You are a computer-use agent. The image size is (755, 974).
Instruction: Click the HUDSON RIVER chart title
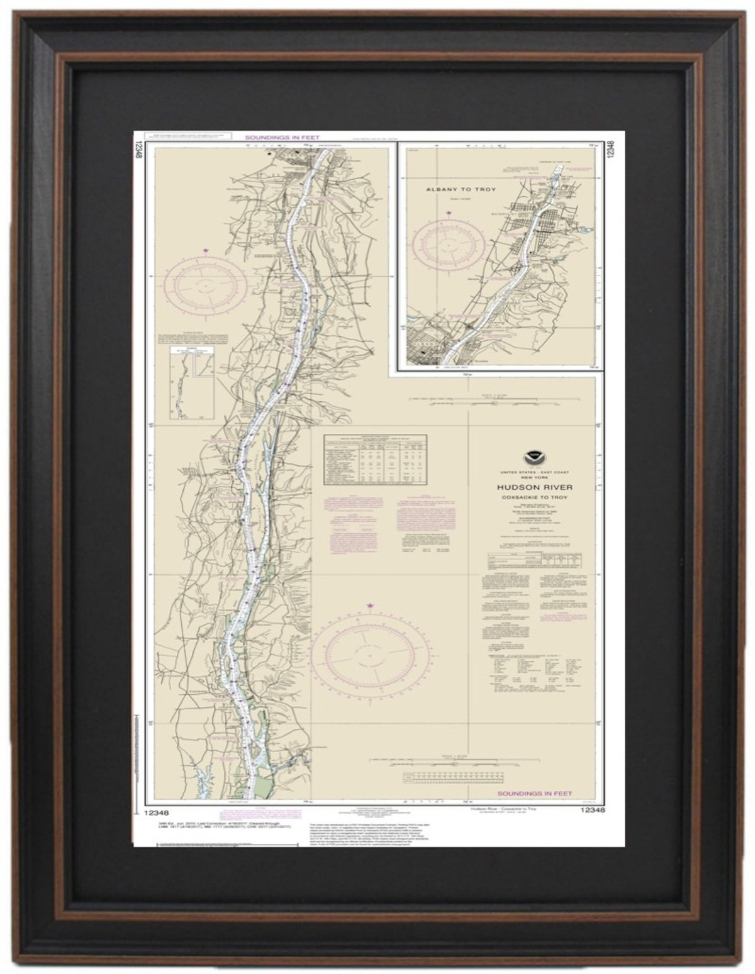[x=525, y=487]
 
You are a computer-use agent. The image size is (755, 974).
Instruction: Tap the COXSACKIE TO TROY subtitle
[x=525, y=497]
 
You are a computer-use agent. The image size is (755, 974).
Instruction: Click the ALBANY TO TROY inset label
[x=461, y=189]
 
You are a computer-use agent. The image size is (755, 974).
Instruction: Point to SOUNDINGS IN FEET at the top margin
[x=282, y=137]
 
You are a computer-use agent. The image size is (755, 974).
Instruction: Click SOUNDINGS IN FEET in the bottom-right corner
[x=534, y=794]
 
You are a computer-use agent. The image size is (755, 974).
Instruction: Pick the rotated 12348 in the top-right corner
[x=610, y=153]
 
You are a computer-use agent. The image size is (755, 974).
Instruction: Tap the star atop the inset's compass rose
[x=448, y=213]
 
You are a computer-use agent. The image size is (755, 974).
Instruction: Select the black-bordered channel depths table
[x=375, y=460]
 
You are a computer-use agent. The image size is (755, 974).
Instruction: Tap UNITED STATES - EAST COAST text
[x=525, y=472]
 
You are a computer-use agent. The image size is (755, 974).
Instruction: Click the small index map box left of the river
[x=191, y=384]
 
